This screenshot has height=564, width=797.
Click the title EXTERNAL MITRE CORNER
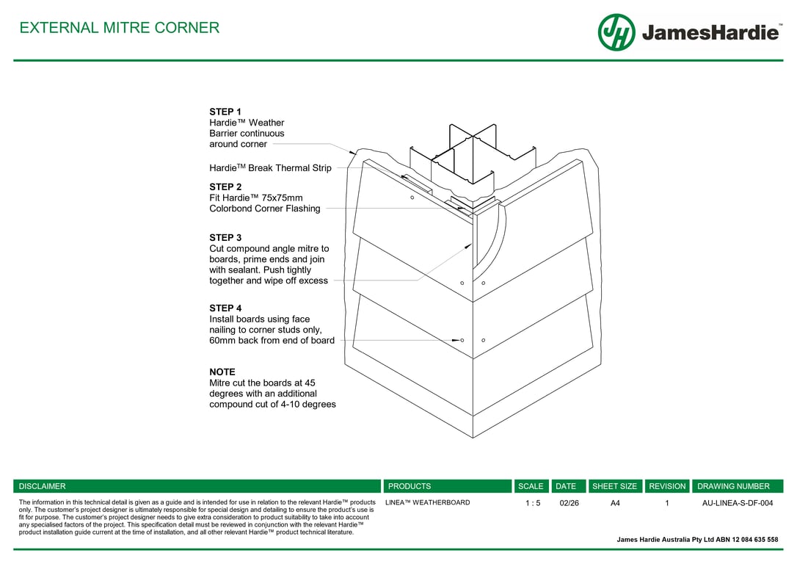(x=119, y=28)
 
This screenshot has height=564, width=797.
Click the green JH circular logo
(x=616, y=32)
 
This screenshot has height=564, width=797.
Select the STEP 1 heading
(x=225, y=112)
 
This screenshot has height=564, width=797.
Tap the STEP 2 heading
(x=225, y=187)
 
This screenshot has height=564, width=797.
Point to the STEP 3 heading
(x=225, y=237)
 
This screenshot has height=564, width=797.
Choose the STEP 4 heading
(x=225, y=308)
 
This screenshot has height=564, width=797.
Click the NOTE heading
(x=222, y=372)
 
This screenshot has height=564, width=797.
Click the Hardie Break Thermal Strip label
(x=270, y=168)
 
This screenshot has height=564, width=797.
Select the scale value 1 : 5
(x=533, y=503)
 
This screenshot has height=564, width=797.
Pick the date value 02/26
(x=569, y=503)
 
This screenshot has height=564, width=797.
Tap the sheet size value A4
(x=615, y=503)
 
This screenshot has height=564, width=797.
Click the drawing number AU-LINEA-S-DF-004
(x=738, y=503)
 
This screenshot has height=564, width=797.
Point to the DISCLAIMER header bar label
(x=42, y=486)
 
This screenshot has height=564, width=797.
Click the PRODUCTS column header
(x=410, y=486)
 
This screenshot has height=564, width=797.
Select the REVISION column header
(x=667, y=486)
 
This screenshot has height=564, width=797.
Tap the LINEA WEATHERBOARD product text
(x=428, y=502)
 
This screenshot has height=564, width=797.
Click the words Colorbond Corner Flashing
(x=265, y=209)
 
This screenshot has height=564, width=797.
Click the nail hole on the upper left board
(x=412, y=198)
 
